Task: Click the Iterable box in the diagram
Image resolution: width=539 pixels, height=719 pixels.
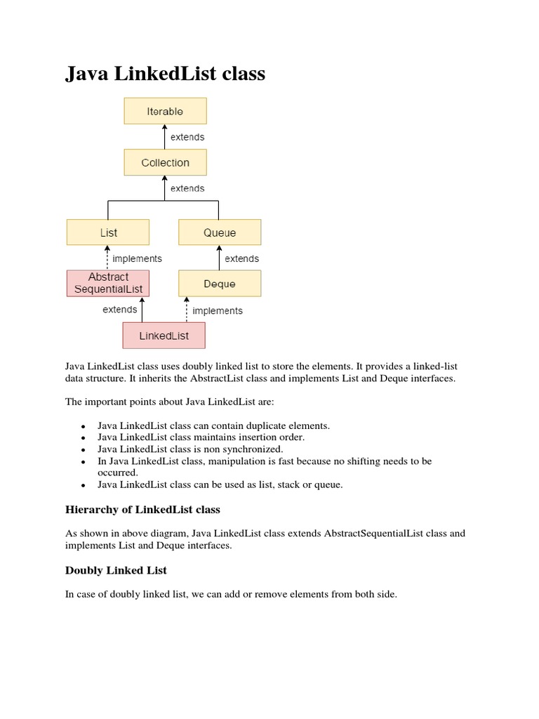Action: click(165, 112)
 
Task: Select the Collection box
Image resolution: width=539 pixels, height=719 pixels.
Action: click(165, 162)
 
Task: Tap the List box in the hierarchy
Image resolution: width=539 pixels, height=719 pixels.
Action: click(108, 232)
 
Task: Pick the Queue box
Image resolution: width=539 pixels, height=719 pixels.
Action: click(220, 232)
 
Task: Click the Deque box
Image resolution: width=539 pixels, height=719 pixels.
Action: click(220, 284)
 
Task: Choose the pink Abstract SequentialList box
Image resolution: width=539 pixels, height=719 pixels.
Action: click(108, 283)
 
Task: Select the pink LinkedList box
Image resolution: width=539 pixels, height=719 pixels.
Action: click(164, 336)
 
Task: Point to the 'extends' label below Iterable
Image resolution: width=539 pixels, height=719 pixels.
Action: click(187, 138)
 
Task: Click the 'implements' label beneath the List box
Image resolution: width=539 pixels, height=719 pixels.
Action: click(138, 258)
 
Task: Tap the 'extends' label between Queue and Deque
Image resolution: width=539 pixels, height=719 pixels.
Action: click(242, 258)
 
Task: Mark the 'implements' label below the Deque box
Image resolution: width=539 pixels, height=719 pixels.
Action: click(218, 310)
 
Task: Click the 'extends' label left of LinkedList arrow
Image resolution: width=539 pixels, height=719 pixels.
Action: click(120, 309)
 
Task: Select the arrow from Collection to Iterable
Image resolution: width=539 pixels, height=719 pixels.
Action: click(165, 137)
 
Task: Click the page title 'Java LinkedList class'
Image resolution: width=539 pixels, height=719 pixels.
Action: click(166, 74)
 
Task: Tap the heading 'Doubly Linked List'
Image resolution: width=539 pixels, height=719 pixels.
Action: click(116, 570)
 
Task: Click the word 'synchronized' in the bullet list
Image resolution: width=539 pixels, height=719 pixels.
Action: click(252, 449)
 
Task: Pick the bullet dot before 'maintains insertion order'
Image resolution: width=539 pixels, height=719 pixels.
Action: click(83, 438)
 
